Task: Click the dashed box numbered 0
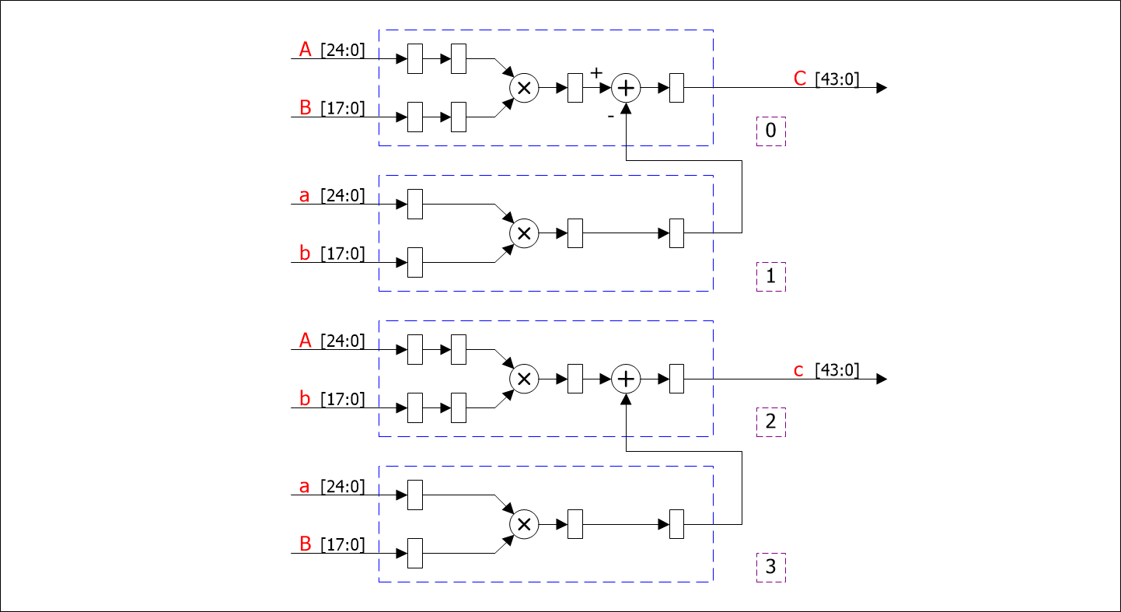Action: [770, 131]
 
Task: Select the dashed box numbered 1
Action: [770, 277]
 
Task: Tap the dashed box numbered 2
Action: [770, 422]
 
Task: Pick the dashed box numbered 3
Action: [770, 567]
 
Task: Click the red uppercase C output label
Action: [800, 79]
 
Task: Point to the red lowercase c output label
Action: [798, 370]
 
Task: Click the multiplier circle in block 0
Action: [524, 88]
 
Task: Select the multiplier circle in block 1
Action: [524, 233]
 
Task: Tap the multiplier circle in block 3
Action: [524, 524]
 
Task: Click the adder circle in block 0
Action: [626, 88]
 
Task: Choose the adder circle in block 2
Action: [626, 379]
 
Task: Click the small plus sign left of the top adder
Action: [596, 73]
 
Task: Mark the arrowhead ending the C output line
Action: [881, 88]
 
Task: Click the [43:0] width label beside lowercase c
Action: [837, 370]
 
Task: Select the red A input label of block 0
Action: [305, 51]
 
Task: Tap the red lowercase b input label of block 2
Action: [305, 400]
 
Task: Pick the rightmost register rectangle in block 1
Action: [676, 233]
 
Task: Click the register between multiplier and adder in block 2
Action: [575, 379]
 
